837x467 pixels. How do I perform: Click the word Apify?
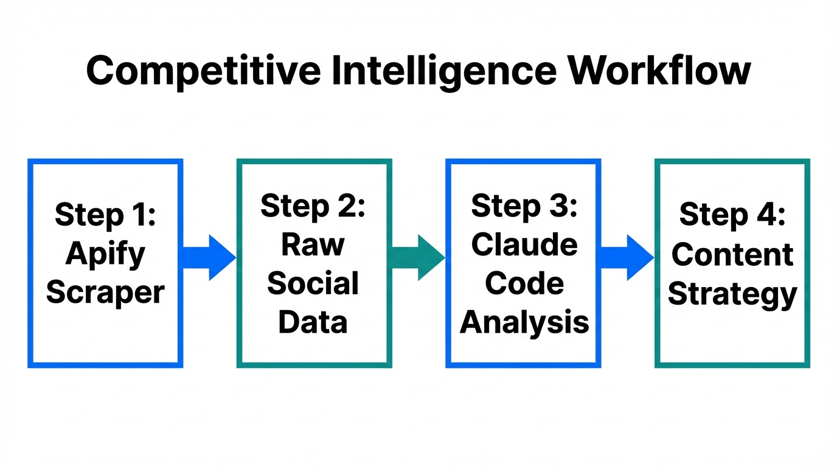(x=105, y=254)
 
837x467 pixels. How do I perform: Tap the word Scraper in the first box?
(x=105, y=292)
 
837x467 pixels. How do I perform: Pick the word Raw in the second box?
(x=313, y=244)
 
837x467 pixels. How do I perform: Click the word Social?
(x=313, y=283)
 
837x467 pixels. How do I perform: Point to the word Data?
(x=313, y=322)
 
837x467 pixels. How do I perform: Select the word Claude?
(x=524, y=244)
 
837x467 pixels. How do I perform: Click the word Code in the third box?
(x=524, y=283)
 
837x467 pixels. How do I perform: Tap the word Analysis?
(x=524, y=322)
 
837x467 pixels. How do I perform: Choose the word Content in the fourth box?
(x=732, y=254)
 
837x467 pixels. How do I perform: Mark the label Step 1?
(x=105, y=215)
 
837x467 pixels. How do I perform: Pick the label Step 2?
(x=313, y=206)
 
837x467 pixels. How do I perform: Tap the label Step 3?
(x=524, y=206)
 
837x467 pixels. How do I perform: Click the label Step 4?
(x=732, y=215)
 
